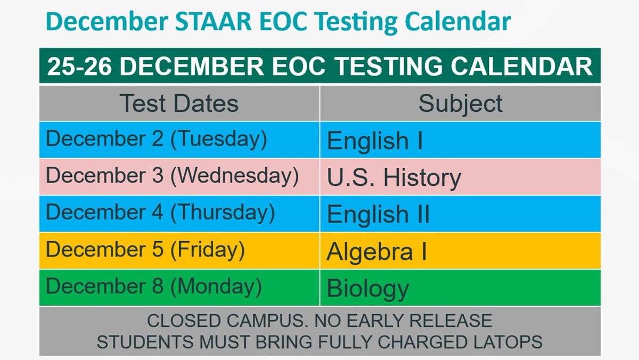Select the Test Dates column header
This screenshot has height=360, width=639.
coord(179,103)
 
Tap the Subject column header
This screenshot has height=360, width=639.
coord(460,103)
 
